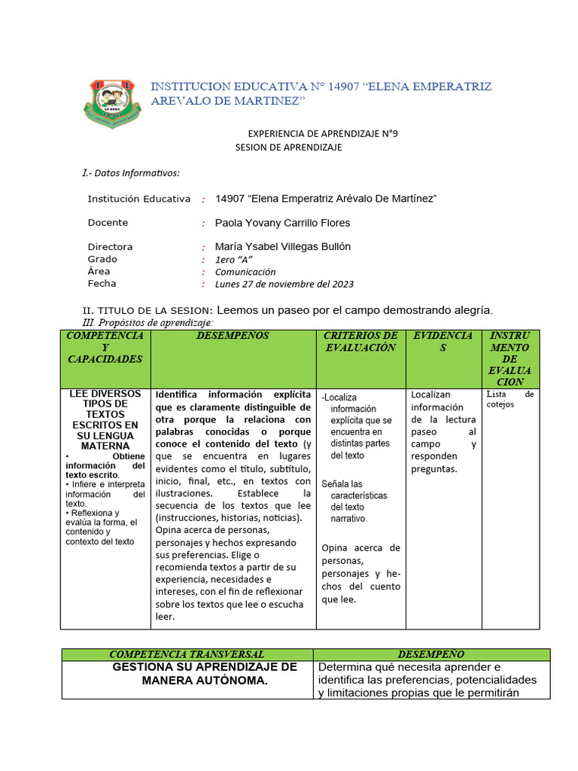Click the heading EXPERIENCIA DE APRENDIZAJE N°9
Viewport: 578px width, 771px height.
point(322,134)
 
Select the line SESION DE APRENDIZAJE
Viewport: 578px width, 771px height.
point(288,148)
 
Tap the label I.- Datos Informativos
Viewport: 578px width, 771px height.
point(131,173)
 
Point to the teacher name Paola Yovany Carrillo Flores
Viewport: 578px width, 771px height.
point(282,223)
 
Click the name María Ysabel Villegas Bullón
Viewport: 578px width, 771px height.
point(282,247)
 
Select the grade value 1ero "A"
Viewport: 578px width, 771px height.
point(234,259)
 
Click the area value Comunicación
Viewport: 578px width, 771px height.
point(245,272)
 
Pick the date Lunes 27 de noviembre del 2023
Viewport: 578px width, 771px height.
point(284,285)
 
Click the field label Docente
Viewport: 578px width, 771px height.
point(108,223)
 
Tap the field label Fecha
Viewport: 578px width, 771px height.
point(102,284)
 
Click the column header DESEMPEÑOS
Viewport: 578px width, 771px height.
point(233,336)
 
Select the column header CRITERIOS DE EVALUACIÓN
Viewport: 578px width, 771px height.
point(360,341)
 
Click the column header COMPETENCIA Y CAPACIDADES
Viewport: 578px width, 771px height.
point(105,347)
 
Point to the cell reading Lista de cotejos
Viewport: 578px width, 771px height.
point(510,399)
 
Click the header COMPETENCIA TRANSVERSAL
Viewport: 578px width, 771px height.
point(187,654)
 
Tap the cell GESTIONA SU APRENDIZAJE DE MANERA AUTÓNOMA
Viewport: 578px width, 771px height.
point(204,674)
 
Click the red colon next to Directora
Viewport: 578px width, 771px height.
point(203,248)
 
